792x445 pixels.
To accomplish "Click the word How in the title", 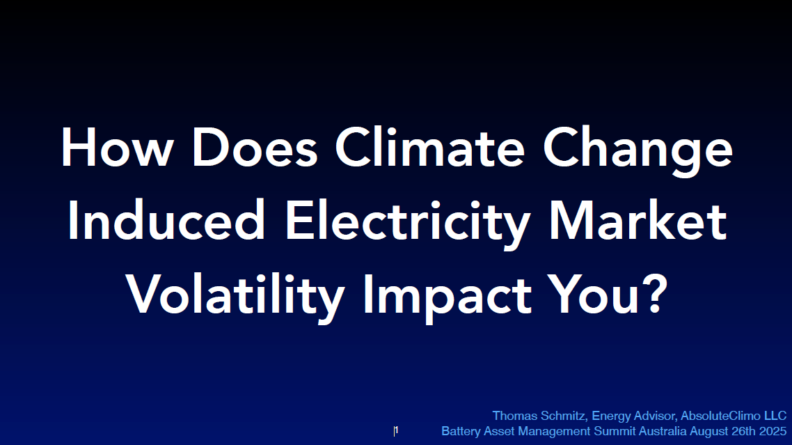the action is tap(117, 147).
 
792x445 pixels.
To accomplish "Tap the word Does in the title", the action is tap(255, 147).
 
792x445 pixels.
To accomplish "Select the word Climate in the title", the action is tap(430, 147).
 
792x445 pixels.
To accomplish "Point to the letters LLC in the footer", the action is tap(775, 416).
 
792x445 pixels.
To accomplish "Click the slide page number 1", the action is tap(397, 430).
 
